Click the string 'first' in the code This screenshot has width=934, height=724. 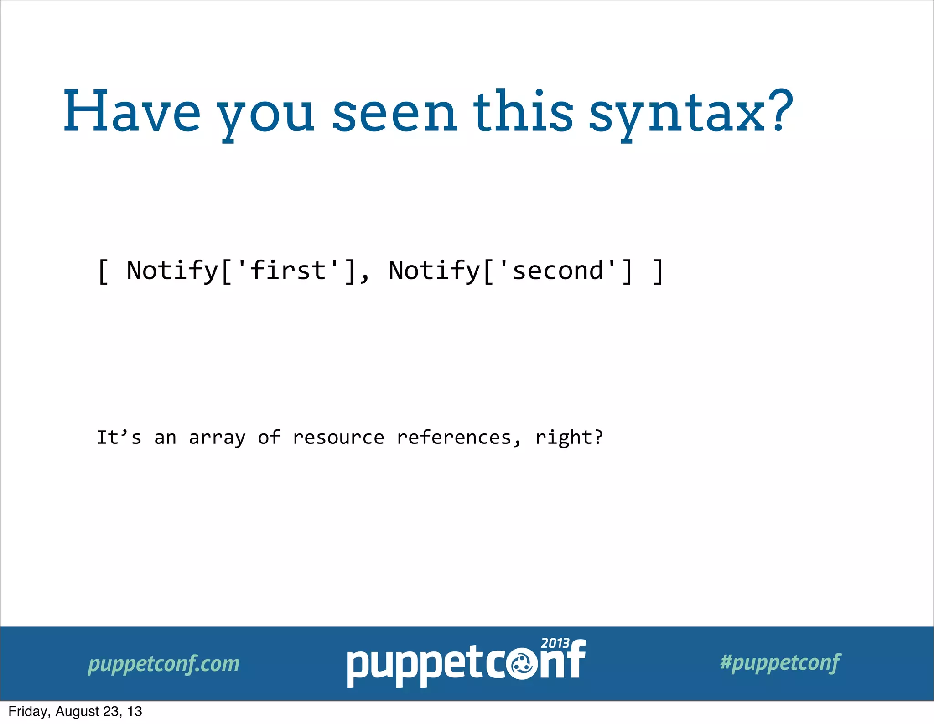[x=288, y=271]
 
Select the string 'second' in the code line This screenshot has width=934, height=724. [x=558, y=271]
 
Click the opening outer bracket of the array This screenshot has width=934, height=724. [x=103, y=271]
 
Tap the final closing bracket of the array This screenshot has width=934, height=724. [x=658, y=271]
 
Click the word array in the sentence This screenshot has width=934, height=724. [x=217, y=438]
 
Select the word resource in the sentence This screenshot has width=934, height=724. [x=338, y=438]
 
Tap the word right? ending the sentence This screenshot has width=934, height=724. [x=569, y=438]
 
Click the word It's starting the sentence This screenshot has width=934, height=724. [x=119, y=438]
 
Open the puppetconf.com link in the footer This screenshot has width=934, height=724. [x=163, y=664]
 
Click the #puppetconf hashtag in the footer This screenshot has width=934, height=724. [x=780, y=662]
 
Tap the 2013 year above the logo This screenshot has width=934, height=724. [x=555, y=643]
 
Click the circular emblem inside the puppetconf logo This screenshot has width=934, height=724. [x=522, y=665]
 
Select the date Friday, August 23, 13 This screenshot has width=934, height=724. [x=75, y=711]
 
